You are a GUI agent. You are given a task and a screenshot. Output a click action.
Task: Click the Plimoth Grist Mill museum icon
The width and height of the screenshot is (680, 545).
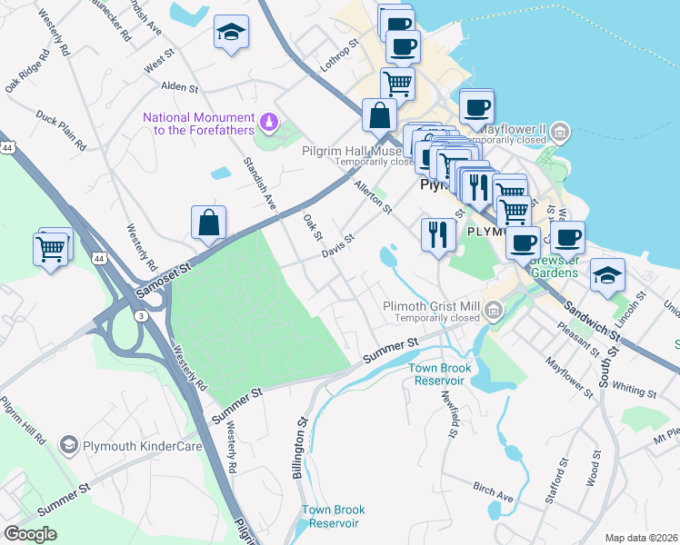click(494, 312)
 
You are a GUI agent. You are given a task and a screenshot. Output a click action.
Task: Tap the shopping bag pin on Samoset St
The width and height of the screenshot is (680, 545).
click(209, 224)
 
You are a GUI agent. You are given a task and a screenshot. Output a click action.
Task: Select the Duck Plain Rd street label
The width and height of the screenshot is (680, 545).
click(60, 130)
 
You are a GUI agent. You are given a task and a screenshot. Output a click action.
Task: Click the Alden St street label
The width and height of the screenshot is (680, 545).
click(179, 88)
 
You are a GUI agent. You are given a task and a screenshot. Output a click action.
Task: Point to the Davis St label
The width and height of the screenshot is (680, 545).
click(337, 248)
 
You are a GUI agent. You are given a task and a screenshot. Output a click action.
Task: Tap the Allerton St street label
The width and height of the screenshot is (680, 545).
click(372, 197)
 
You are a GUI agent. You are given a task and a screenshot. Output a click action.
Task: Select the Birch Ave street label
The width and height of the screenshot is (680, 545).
click(493, 491)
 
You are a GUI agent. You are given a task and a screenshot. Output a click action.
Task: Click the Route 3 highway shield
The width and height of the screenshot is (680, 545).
click(141, 315)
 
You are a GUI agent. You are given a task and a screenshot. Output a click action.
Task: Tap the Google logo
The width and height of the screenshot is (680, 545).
click(30, 533)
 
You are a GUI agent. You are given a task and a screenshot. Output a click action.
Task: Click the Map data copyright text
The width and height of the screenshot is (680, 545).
click(642, 538)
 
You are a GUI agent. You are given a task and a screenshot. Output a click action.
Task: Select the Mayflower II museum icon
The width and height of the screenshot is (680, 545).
click(561, 133)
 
